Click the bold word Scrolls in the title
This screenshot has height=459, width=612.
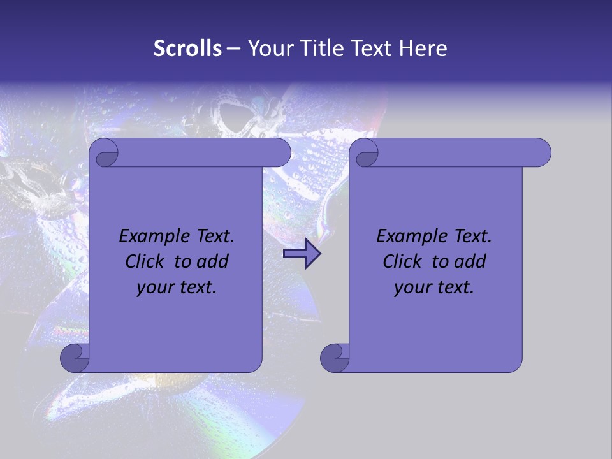click(x=187, y=48)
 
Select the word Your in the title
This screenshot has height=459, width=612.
click(x=267, y=48)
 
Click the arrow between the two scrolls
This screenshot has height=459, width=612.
click(x=302, y=254)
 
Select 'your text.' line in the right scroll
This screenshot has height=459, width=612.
click(x=434, y=288)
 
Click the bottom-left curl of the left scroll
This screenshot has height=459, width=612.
click(x=75, y=358)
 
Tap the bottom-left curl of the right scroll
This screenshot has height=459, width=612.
click(x=334, y=358)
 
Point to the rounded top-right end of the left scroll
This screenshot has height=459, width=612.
click(x=280, y=152)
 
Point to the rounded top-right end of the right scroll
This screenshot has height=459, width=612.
click(x=541, y=152)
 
